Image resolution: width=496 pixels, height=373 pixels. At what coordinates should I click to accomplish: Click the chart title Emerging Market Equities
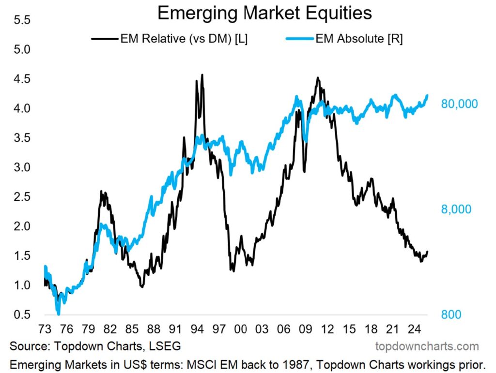tap(264, 13)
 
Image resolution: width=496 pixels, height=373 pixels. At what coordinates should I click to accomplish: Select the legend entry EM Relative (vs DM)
tap(184, 39)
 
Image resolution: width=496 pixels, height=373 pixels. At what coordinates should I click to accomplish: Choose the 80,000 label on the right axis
tap(459, 104)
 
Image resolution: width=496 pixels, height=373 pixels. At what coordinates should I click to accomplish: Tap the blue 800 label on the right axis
tap(450, 314)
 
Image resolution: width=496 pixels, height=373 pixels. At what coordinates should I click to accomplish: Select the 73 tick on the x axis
tap(45, 329)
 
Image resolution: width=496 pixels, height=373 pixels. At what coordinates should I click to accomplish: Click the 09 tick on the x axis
tap(306, 329)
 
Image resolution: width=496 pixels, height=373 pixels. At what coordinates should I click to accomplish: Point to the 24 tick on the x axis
tap(414, 329)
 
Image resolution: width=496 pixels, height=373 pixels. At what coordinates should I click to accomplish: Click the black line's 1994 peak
tap(202, 75)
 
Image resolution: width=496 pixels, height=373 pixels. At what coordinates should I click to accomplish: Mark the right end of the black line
tap(428, 252)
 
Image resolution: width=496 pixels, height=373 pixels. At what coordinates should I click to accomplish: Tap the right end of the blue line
tap(428, 95)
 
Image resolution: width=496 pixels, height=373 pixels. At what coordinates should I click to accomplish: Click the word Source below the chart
tap(28, 346)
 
